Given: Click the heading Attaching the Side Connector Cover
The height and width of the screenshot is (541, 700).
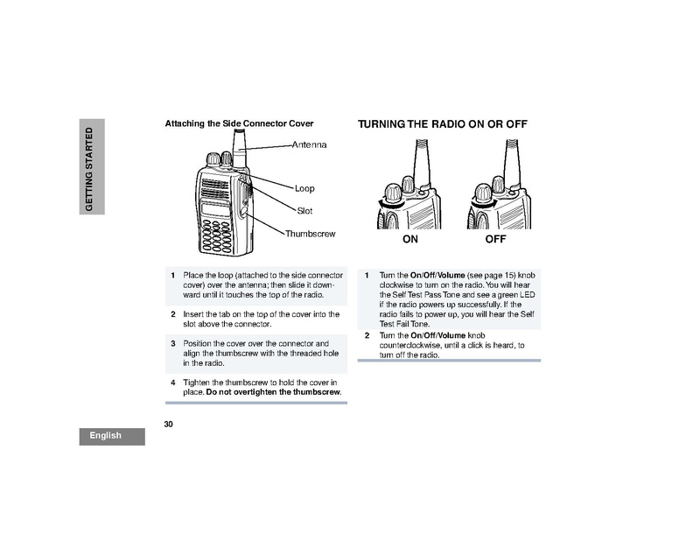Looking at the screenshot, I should (239, 123).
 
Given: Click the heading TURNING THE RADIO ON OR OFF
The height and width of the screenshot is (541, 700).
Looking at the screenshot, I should (442, 124).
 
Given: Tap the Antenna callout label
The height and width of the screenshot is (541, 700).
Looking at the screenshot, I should (309, 144).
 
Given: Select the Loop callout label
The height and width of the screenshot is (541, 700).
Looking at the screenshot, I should (304, 188).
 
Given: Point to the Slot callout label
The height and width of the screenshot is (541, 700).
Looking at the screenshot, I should (304, 211).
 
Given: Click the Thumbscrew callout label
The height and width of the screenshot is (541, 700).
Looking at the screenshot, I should (311, 234).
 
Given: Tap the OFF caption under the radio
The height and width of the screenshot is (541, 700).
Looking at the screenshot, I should (496, 238).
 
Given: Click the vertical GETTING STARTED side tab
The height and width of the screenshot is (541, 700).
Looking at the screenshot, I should (88, 167).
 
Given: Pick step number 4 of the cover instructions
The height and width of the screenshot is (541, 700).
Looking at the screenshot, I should (173, 383).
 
